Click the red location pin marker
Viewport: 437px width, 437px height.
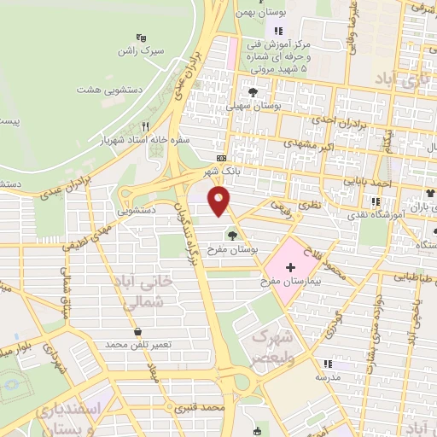220,202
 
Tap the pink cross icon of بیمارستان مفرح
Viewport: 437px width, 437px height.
291,268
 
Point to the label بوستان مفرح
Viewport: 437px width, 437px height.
232,249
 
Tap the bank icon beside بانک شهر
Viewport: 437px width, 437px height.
222,158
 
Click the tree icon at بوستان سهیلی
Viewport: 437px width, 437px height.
252,91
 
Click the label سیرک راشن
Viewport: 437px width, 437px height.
142,51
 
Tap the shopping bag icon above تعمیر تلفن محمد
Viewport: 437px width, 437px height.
137,331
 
